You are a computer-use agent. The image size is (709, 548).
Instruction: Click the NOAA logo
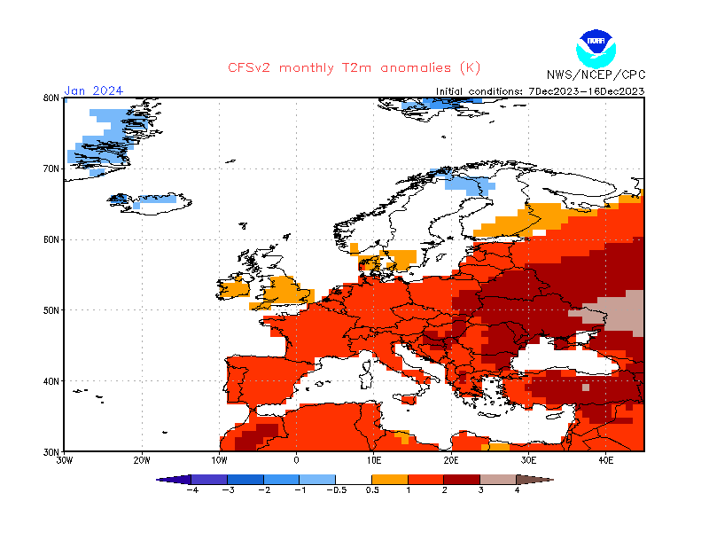pos(595,46)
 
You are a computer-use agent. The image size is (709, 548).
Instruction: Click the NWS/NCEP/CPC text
pos(596,74)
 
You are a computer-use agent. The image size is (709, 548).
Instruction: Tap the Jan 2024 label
pos(93,90)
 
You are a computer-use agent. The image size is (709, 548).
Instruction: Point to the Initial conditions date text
pos(541,91)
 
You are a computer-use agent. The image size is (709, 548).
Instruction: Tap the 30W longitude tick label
pos(65,460)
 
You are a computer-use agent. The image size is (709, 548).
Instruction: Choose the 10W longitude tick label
pos(220,460)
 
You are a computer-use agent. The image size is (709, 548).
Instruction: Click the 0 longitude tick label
pos(297,460)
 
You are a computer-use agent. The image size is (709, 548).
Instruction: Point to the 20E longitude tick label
pos(451,460)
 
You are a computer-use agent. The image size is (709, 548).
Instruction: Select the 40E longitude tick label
pos(606,460)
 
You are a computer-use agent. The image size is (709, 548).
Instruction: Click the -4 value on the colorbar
pos(191,490)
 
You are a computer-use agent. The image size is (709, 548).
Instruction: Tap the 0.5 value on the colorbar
pos(372,490)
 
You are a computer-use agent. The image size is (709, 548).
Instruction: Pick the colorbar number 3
pos(481,490)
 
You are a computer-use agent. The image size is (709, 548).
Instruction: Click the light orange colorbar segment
pos(390,480)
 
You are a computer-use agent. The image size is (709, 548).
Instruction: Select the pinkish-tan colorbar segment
pos(499,480)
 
